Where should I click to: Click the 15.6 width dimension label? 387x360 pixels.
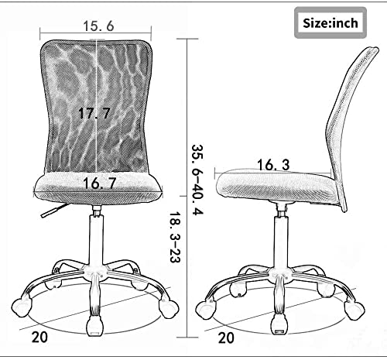[x=98, y=26]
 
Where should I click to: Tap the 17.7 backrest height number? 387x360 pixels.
[x=94, y=113]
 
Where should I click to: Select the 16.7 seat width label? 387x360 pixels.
[x=99, y=183]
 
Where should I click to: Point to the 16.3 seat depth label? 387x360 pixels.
[x=273, y=165]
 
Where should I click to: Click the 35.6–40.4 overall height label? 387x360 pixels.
[x=197, y=180]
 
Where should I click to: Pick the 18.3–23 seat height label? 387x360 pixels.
[x=175, y=238]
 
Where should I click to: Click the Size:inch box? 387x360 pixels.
[x=330, y=23]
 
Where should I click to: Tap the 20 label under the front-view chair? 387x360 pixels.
[x=39, y=338]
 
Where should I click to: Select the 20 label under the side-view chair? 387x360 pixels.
[x=226, y=338]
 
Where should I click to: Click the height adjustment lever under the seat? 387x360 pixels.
[x=55, y=211]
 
